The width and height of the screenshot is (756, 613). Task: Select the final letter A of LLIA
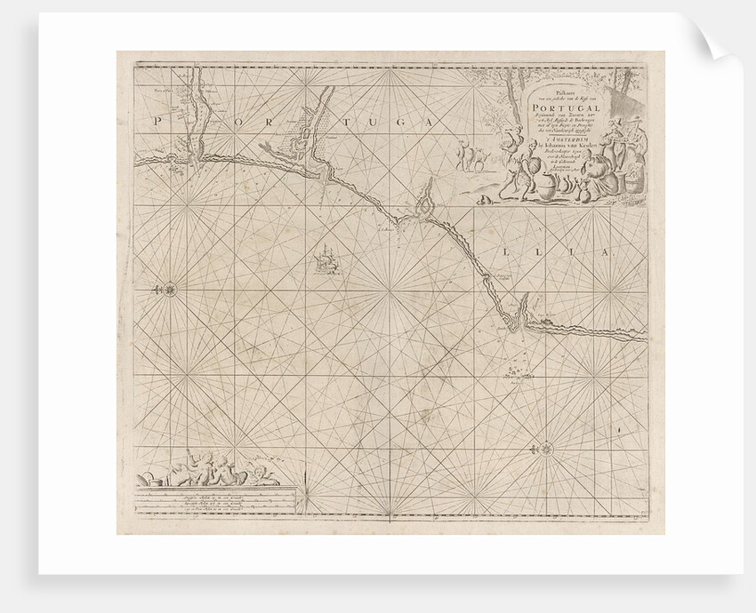pos(602,253)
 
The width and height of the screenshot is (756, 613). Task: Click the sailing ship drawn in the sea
pos(326,260)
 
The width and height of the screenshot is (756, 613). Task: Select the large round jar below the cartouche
pos(548,188)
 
